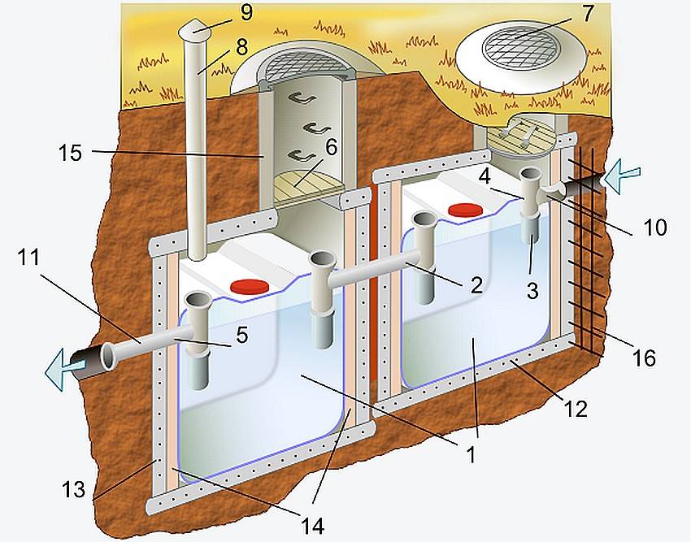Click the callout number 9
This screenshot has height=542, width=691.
[246, 12]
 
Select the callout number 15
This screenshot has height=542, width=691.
[70, 153]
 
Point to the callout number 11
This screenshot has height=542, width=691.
[29, 258]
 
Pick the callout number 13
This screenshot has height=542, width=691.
[74, 489]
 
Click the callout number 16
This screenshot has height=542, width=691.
[644, 358]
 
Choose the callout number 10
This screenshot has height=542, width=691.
[655, 228]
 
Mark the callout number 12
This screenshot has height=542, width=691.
[576, 409]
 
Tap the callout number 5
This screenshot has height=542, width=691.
[241, 335]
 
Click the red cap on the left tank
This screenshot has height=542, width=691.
[250, 285]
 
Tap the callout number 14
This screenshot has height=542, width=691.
[312, 525]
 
